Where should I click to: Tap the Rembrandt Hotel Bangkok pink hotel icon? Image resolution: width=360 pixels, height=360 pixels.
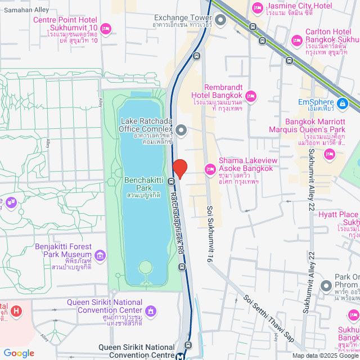pos(251,96)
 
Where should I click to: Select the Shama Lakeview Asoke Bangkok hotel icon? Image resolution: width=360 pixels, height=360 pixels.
pos(210,168)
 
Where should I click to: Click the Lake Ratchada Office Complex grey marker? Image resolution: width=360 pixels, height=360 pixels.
pos(181,130)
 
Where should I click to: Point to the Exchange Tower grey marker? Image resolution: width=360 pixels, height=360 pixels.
pos(220,22)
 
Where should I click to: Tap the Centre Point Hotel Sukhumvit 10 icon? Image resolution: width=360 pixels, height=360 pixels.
pos(106,28)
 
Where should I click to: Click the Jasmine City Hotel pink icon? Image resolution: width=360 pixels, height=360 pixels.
pos(258,7)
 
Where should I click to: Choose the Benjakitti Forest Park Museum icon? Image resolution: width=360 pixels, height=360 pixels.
pos(101,256)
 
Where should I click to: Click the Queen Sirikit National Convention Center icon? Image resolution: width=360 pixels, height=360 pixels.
pos(150,310)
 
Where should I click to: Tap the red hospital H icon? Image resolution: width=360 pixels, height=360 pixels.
pos(16,310)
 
